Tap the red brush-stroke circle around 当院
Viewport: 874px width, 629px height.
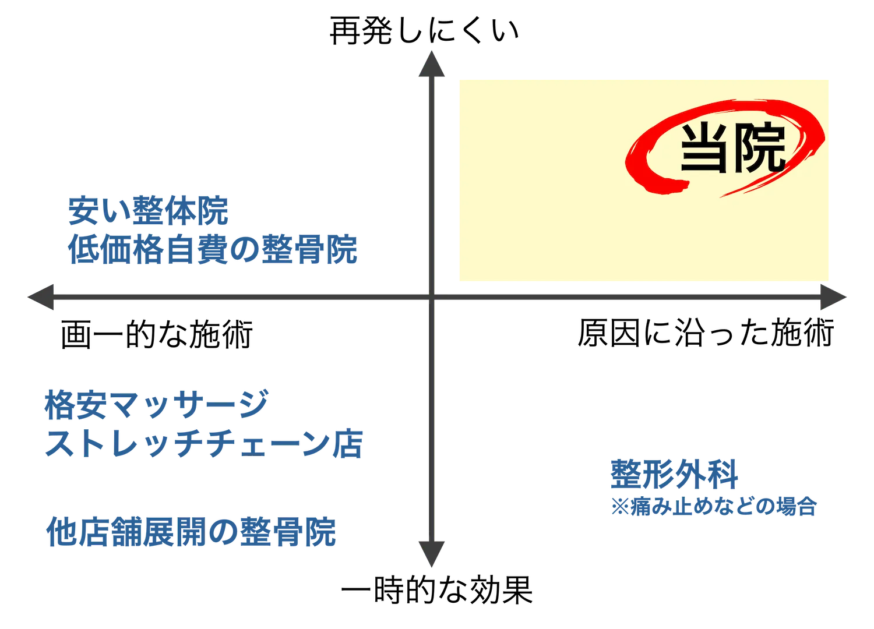coord(635,166)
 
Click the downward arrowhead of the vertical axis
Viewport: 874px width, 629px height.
coord(432,553)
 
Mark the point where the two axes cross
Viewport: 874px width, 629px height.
coord(432,298)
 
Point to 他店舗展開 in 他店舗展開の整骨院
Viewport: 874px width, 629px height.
coord(119,532)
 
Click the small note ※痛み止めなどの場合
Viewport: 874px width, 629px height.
coord(714,506)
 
